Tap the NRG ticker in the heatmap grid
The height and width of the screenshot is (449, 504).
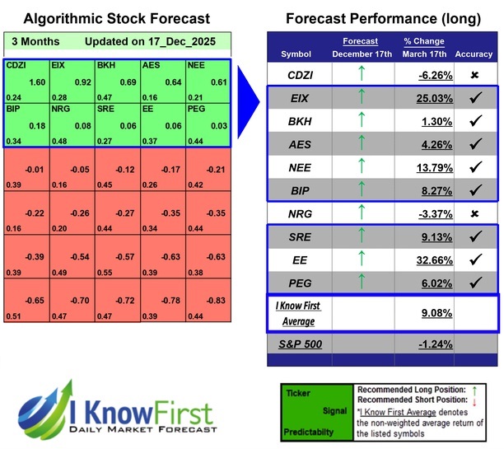point(61,108)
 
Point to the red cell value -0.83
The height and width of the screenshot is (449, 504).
point(217,302)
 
